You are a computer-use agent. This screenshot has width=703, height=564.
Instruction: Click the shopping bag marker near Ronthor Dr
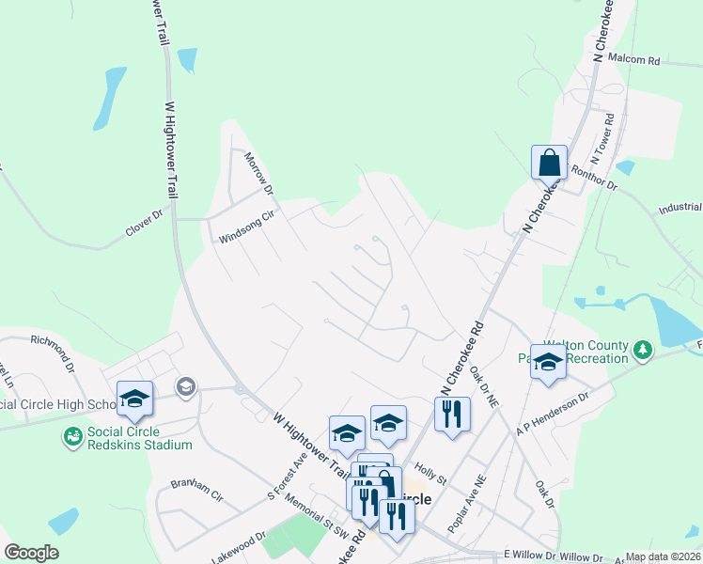[x=548, y=164]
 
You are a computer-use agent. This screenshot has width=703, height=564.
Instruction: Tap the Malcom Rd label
[x=634, y=59]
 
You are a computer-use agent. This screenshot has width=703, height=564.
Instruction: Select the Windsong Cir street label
[x=245, y=227]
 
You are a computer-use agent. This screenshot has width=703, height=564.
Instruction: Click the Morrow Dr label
[x=258, y=174]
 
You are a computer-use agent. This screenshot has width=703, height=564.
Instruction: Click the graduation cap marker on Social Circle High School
[x=134, y=399]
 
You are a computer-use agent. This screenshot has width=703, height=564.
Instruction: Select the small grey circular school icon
[x=185, y=385]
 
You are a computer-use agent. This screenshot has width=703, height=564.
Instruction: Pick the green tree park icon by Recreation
[x=643, y=351]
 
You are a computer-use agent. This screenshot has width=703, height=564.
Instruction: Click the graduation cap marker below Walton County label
[x=548, y=362]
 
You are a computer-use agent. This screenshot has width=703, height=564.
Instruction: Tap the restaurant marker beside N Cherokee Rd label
[x=452, y=414]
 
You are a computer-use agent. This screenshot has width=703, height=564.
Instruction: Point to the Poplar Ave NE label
[x=467, y=505]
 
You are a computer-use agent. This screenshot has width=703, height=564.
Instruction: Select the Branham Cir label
[x=196, y=490]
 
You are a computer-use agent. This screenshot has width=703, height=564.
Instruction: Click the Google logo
[x=31, y=553]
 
